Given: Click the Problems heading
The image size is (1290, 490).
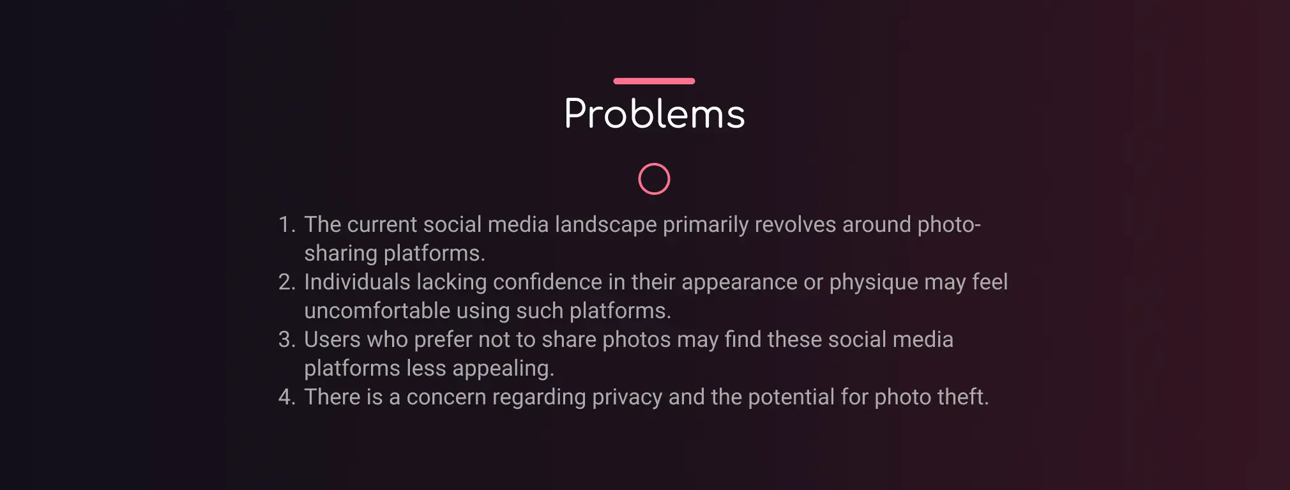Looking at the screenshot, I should pos(654,114).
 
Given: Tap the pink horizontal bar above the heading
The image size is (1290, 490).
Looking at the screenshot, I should pos(654,81).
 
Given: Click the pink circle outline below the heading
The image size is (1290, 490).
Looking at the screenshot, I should pos(654,179).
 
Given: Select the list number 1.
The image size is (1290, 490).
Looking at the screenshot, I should pos(286,225).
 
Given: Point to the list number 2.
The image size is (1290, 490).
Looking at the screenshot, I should pos(287,282).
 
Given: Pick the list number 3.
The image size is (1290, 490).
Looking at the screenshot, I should pos(287,340).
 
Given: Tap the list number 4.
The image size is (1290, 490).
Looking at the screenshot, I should pos(287,397).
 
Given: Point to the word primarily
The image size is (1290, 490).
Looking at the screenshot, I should pos(706,225).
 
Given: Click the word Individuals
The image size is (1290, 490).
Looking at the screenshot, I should pos(357,282).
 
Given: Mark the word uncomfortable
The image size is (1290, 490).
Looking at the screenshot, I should pos(377,311).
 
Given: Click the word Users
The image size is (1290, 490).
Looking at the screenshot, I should pos(332,340).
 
